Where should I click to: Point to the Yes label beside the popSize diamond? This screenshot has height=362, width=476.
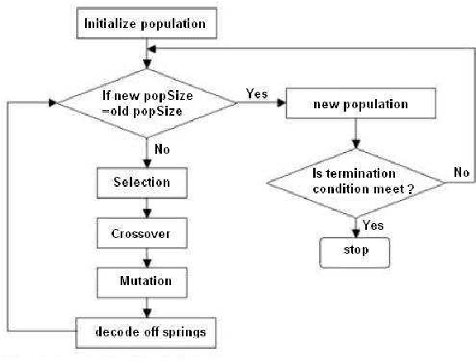[257, 93]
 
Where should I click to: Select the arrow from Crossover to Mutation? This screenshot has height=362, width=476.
[147, 256]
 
